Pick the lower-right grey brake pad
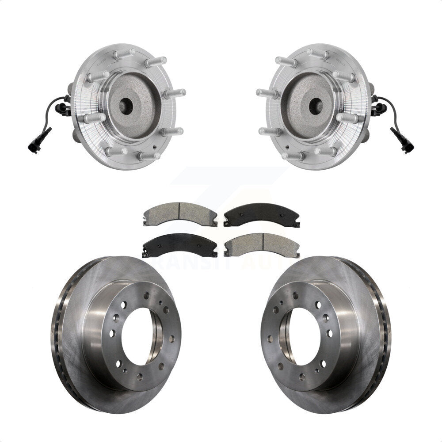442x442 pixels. tap(262, 244)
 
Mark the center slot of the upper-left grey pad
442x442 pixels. tap(179, 208)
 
